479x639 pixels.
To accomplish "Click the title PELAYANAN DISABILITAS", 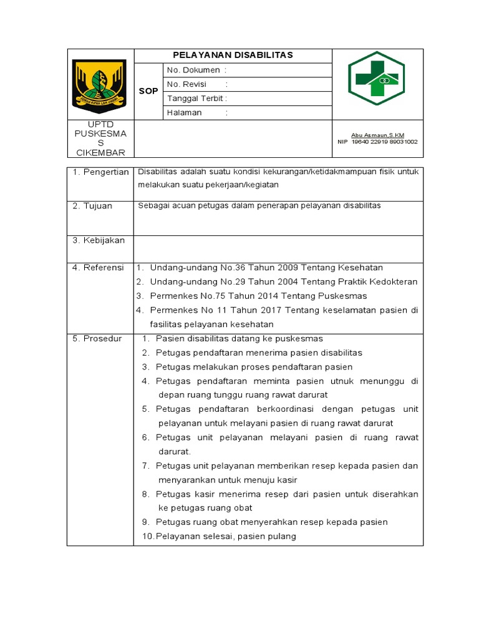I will point(233,56).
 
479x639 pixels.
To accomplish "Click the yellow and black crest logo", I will point(100,84).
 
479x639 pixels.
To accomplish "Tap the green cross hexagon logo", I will point(376,78).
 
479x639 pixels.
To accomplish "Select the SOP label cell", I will point(148,91).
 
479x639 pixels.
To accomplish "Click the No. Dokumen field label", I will point(193,71).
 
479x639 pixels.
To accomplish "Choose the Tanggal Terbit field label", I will point(195,99).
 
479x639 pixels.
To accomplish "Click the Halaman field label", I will point(185,113).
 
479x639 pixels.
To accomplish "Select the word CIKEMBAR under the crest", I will point(100,153).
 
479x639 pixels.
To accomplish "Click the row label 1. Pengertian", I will point(100,172).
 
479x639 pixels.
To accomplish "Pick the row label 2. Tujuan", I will point(92,206).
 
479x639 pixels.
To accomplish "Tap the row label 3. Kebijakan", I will point(99,240).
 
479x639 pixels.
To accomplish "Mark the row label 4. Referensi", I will point(99,268).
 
